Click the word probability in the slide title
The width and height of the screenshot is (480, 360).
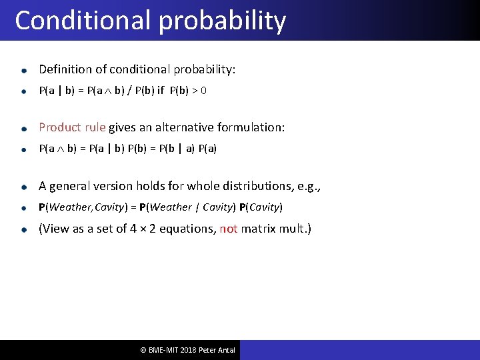(223, 21)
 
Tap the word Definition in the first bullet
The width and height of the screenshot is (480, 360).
(64, 69)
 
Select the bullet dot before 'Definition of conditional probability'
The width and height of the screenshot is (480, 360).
(24, 70)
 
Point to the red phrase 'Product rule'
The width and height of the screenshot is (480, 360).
(72, 127)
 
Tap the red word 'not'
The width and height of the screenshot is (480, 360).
(228, 229)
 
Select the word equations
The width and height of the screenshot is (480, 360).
(191, 229)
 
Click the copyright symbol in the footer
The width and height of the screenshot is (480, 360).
(143, 350)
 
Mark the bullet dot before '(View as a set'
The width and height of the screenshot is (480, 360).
(24, 229)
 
